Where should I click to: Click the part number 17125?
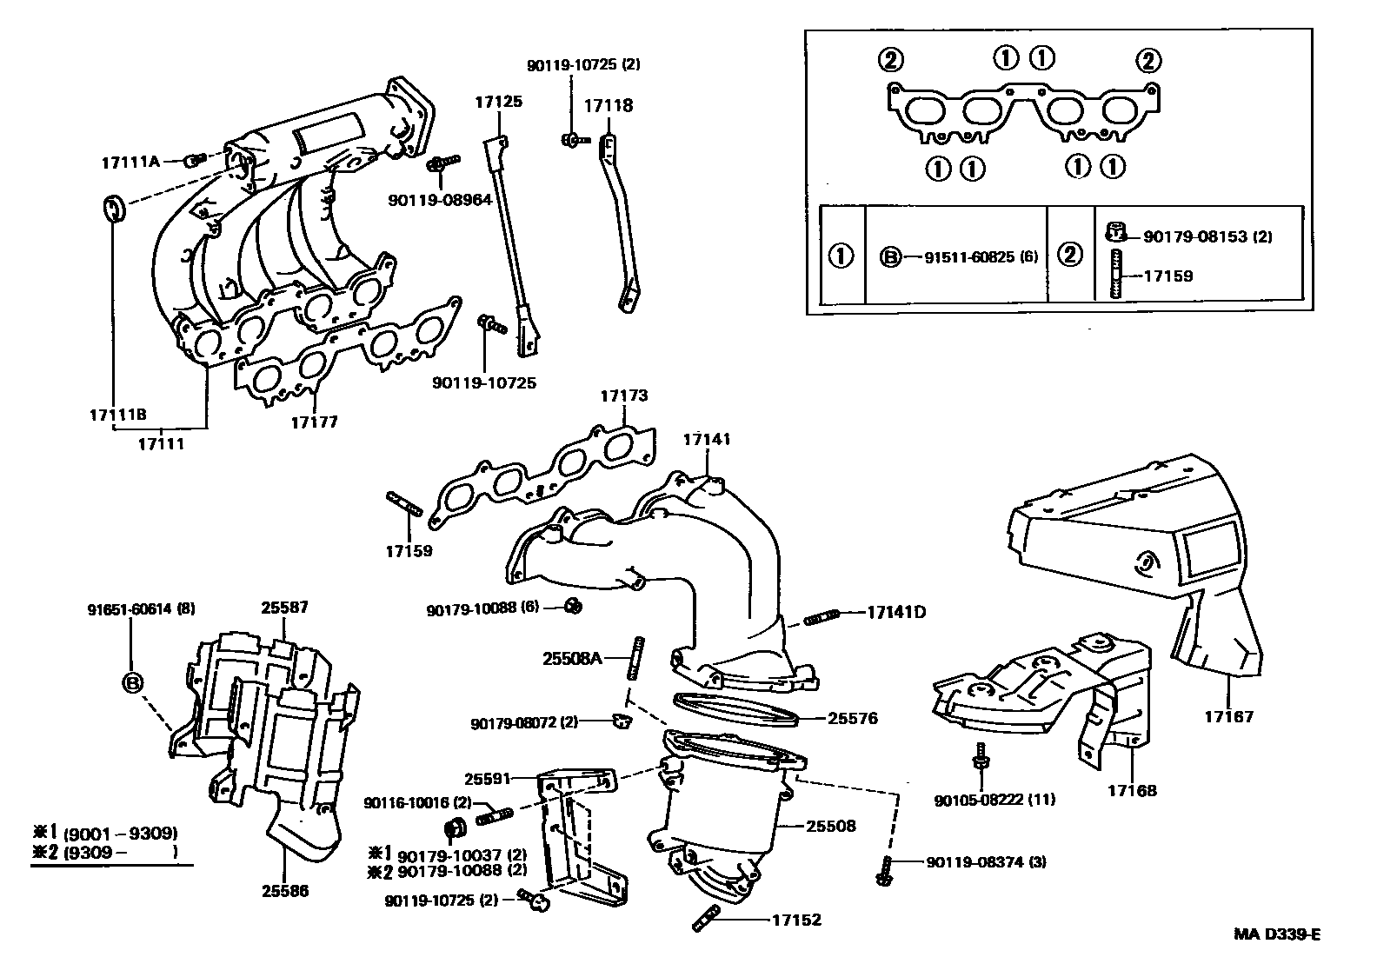pyautogui.click(x=498, y=102)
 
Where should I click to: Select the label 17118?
pyautogui.click(x=608, y=106)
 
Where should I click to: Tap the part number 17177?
pyautogui.click(x=314, y=422)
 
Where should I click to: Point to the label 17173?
pyautogui.click(x=623, y=395)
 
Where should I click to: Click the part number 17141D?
pyautogui.click(x=895, y=612)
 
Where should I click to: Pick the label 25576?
pyautogui.click(x=853, y=718)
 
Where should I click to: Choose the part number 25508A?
pyautogui.click(x=572, y=659)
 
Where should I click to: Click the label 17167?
pyautogui.click(x=1228, y=717)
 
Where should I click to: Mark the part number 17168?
pyautogui.click(x=1132, y=791)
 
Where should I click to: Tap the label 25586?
pyautogui.click(x=285, y=891)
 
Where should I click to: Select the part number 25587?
pyautogui.click(x=285, y=608)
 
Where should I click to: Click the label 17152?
pyautogui.click(x=795, y=920)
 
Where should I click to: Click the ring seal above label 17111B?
pyautogui.click(x=113, y=209)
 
